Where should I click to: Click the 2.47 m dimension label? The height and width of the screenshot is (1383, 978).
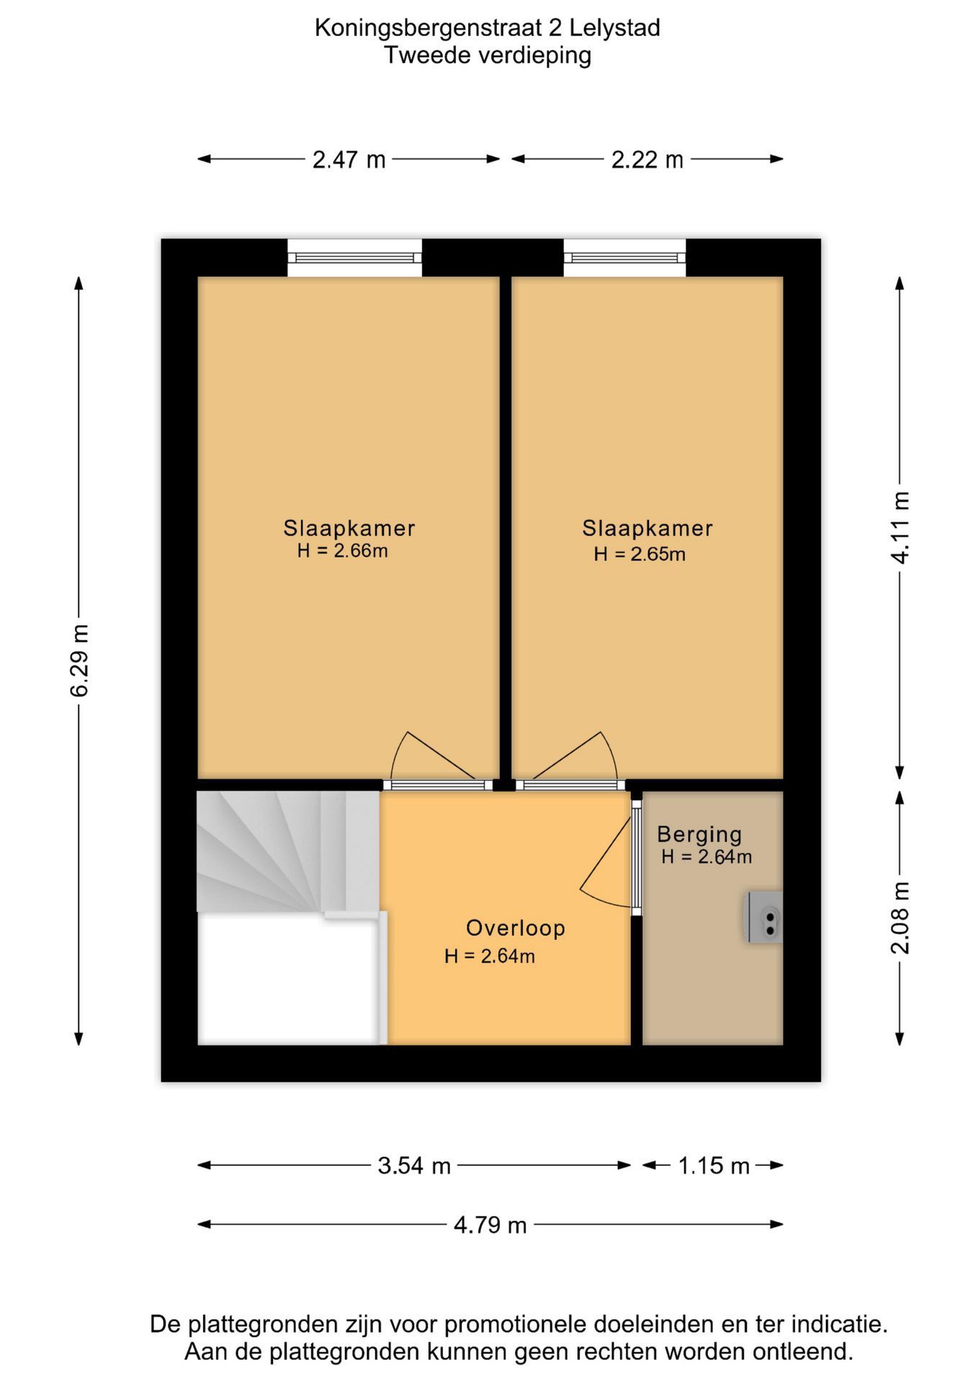349,159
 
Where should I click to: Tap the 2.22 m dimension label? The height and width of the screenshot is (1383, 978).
647,159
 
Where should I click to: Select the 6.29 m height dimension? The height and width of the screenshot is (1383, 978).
79,661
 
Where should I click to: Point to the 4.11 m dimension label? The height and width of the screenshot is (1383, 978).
900,527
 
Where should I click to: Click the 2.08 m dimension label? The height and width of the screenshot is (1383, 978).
900,918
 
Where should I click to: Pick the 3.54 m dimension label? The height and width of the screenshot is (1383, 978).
414,1165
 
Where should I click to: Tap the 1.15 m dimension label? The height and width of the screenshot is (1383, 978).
714,1165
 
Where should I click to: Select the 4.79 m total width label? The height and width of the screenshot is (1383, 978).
490,1225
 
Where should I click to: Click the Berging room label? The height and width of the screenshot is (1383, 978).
699,834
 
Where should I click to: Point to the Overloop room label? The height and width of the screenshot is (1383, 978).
516,928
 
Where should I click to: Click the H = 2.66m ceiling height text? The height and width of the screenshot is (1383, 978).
343,551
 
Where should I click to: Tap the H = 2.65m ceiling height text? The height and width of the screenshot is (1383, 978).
640,554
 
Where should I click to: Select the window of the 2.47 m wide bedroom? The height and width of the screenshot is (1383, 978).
354,258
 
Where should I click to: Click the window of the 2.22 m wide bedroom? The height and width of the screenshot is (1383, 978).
624,258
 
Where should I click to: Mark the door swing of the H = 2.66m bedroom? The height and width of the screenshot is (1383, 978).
432,756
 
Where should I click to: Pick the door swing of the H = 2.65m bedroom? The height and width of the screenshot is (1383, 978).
569,756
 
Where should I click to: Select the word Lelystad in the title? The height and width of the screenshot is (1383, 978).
614,28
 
